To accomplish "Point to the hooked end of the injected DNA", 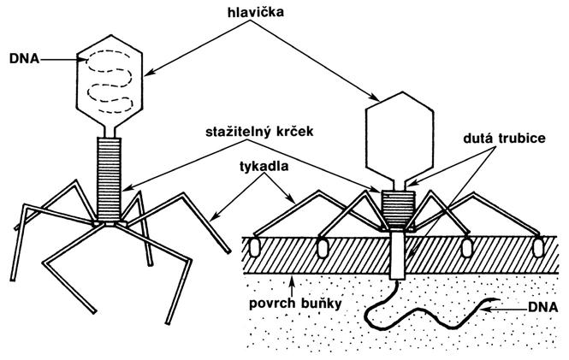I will [492, 301].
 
